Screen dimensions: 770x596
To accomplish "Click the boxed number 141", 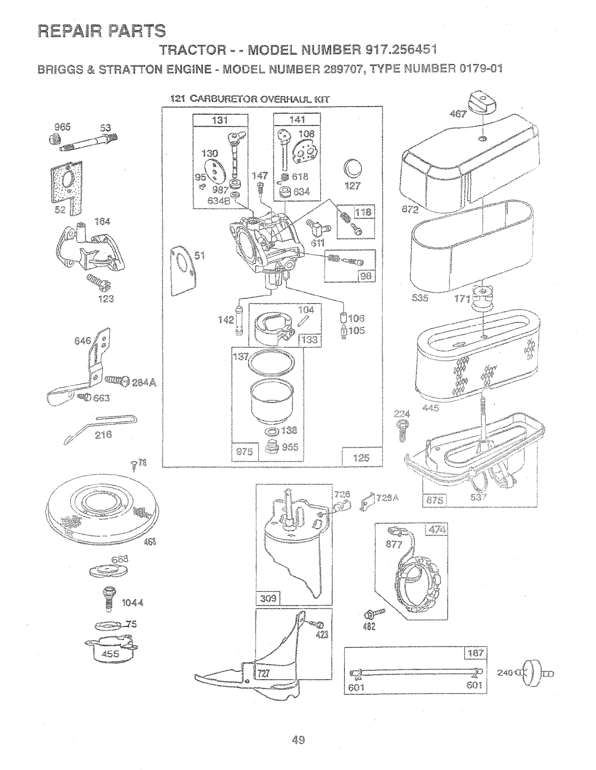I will click(297, 120).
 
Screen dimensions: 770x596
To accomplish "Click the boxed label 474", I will click(435, 530).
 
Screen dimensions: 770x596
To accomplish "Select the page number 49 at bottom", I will click(298, 739).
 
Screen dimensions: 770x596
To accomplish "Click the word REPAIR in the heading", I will click(69, 31).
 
